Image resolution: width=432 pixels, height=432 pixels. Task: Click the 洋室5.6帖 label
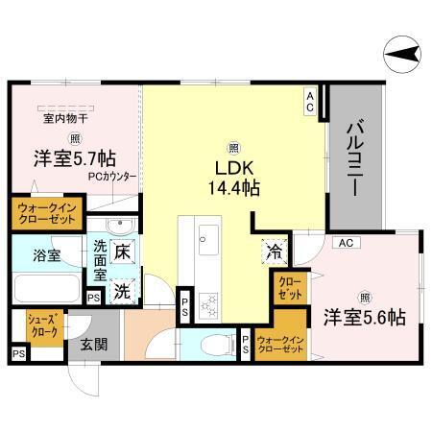(364, 315)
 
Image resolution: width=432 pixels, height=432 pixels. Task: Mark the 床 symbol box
(122, 252)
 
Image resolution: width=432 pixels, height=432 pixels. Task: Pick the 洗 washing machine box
(122, 288)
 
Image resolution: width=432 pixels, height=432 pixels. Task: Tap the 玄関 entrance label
(93, 344)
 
